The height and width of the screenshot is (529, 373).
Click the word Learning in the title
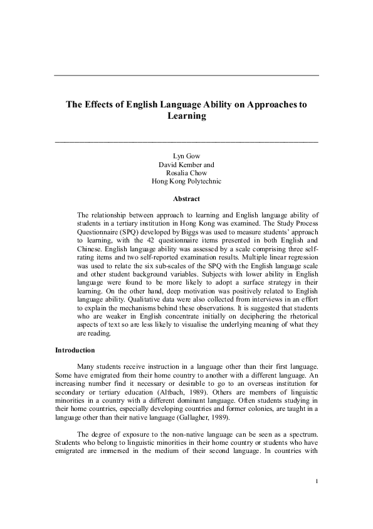[187, 116]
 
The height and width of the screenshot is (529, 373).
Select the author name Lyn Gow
[187, 155]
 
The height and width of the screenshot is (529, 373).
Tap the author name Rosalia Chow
[187, 173]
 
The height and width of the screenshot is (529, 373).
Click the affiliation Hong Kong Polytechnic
[187, 182]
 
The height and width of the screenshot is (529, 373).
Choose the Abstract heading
[187, 199]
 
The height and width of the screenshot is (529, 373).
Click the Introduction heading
[75, 350]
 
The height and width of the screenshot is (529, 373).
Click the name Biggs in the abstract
[199, 231]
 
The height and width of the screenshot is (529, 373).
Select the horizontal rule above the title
[187, 75]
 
